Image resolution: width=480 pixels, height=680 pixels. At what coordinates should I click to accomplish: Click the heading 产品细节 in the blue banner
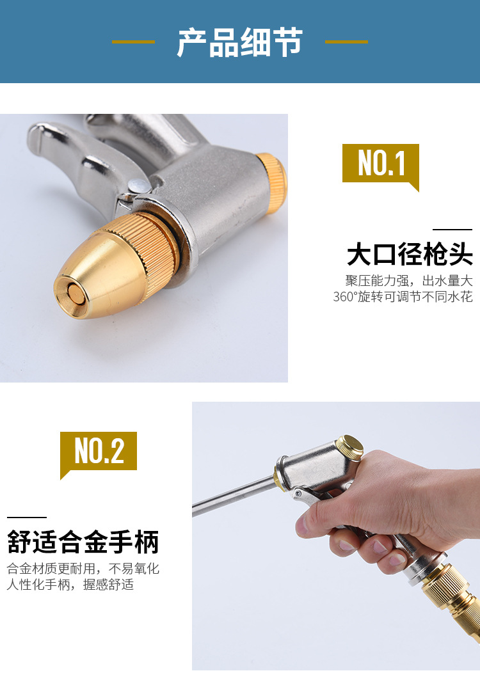tap(239, 43)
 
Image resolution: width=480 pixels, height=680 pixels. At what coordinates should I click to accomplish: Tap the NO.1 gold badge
tap(381, 164)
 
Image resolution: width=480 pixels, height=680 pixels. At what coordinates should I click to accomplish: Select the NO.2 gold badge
tap(99, 451)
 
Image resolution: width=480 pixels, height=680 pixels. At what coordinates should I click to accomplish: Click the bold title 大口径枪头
tap(410, 255)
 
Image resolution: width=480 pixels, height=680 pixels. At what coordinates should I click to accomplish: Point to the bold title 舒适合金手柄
tap(83, 542)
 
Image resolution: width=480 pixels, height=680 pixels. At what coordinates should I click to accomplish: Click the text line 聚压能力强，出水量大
tap(408, 281)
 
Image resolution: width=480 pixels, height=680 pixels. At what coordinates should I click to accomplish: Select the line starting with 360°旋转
tap(403, 297)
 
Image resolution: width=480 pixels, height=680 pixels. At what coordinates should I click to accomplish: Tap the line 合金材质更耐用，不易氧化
tap(83, 569)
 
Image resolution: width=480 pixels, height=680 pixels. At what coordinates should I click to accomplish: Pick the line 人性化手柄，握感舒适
tap(70, 585)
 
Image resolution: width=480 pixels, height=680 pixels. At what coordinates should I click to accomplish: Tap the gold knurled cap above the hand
tap(349, 446)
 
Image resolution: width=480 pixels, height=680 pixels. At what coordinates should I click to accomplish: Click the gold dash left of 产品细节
tap(133, 42)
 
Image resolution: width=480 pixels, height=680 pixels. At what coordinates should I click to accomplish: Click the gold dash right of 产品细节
tap(346, 42)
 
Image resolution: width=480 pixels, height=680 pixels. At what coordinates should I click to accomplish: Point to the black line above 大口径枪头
tap(452, 229)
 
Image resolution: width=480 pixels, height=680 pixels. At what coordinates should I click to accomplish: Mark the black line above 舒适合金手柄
tap(27, 517)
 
